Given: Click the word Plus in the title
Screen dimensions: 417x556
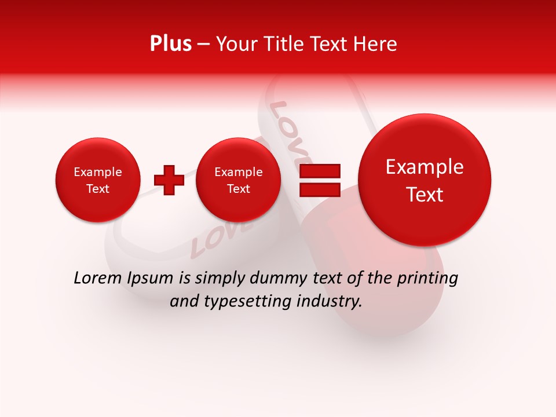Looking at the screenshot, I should click(170, 44).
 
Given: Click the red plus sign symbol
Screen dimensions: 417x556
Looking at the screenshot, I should click(169, 180).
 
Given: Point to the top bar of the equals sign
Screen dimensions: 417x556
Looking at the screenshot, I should click(320, 171).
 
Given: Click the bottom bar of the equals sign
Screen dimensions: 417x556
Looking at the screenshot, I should click(320, 189).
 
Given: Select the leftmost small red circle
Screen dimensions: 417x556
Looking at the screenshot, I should click(98, 180).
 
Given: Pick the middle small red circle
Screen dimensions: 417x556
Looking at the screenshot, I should click(238, 180).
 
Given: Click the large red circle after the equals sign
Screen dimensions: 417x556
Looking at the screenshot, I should click(425, 180).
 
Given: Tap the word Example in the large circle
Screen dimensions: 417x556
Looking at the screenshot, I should click(425, 167).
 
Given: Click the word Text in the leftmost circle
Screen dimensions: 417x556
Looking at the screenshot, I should click(98, 189).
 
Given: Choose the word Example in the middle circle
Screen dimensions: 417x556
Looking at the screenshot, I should click(238, 172).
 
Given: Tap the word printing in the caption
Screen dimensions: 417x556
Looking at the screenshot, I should click(427, 279).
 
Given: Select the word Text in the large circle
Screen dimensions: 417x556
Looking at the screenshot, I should click(425, 195).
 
